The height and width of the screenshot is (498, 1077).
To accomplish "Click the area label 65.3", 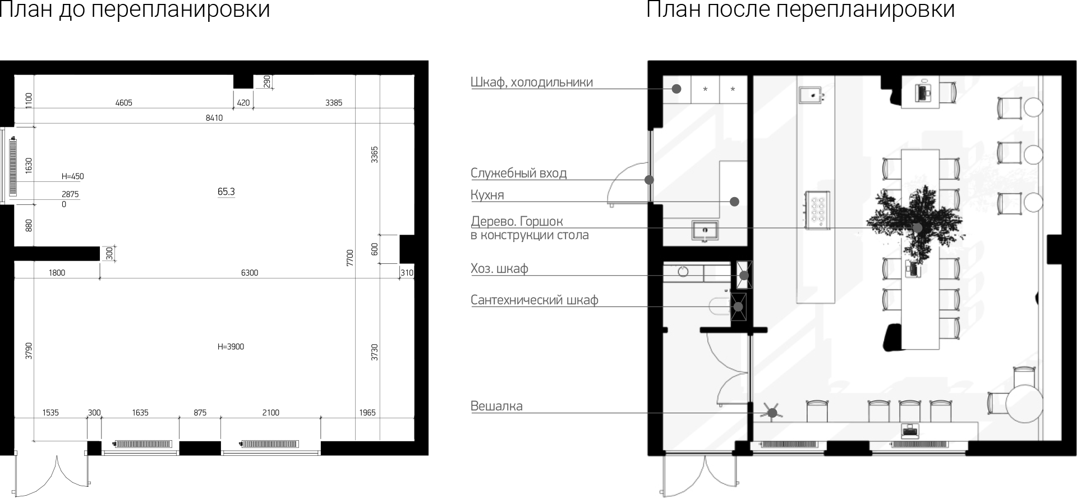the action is click(226, 191).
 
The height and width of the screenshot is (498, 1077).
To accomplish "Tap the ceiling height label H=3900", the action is click(231, 346).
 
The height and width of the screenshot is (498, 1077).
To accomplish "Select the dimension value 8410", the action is click(214, 118).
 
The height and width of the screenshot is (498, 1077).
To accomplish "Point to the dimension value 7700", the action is click(350, 258).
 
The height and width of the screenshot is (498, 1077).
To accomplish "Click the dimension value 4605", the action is click(123, 103).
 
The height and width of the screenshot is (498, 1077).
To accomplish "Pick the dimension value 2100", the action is click(270, 413).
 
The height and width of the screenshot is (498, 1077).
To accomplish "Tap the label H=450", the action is click(72, 176).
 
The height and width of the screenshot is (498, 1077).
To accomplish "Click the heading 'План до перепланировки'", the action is click(135, 10).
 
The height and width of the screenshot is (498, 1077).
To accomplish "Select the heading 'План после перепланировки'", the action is click(800, 10).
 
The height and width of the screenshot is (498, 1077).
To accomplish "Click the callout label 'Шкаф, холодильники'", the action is click(532, 82).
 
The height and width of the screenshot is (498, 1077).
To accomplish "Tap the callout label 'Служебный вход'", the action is click(519, 173).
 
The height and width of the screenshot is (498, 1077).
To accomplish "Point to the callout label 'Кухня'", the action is click(487, 195).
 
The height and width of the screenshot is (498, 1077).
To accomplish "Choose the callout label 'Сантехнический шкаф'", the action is click(535, 300).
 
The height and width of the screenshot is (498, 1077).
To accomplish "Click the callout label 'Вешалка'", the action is click(496, 406).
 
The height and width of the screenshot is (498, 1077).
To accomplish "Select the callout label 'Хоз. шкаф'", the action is click(499, 268).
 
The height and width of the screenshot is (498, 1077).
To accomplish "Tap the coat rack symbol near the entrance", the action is click(772, 413).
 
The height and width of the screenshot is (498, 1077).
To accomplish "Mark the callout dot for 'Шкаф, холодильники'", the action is click(676, 89).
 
